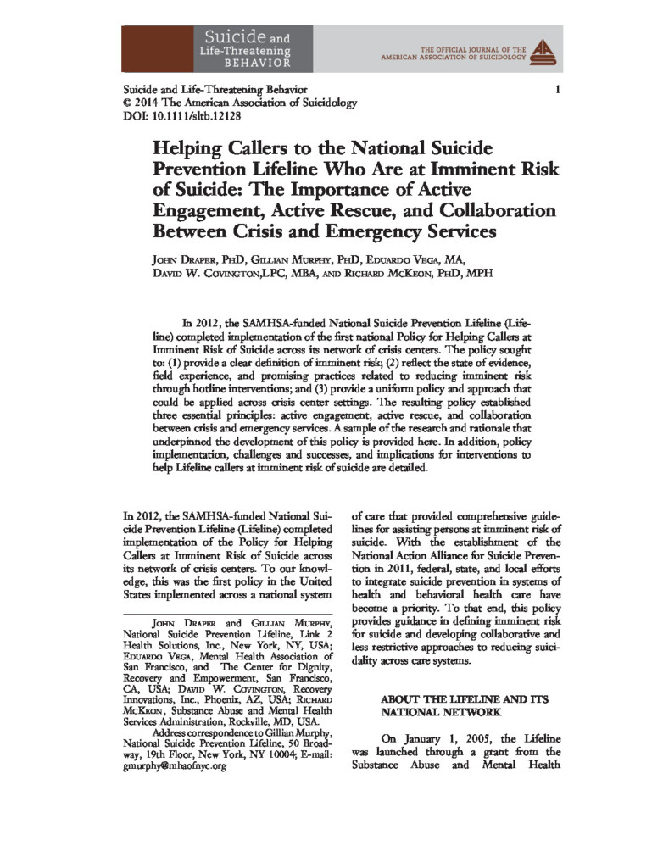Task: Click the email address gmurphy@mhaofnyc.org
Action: click(x=176, y=765)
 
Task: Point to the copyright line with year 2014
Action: click(x=240, y=103)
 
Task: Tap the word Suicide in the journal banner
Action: click(x=234, y=36)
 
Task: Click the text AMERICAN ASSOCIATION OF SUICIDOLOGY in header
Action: click(x=454, y=60)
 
